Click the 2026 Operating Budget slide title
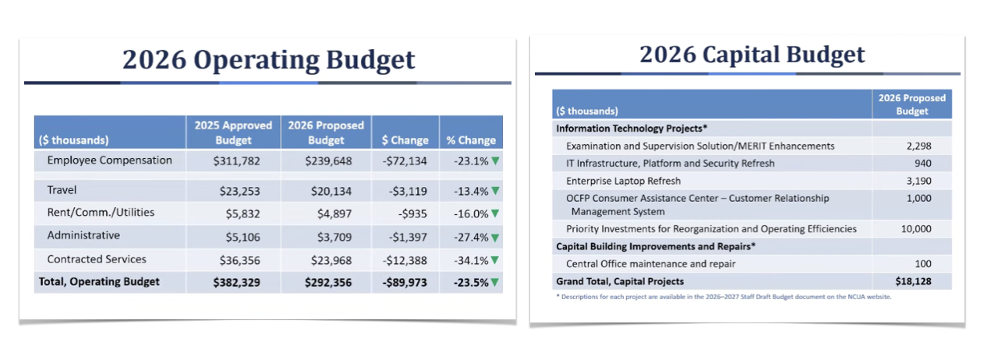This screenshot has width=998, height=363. pyautogui.click(x=268, y=60)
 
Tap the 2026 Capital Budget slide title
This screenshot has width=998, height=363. pyautogui.click(x=752, y=55)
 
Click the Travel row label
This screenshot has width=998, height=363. pyautogui.click(x=62, y=190)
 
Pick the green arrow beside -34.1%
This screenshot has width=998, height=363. pyautogui.click(x=495, y=259)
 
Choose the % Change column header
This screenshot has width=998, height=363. pyautogui.click(x=471, y=140)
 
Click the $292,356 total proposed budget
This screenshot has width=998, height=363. pyautogui.click(x=326, y=282)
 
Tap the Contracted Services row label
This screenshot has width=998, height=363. pyautogui.click(x=97, y=259)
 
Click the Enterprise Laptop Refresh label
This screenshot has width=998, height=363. pyautogui.click(x=624, y=181)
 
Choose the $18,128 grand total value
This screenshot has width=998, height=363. pyautogui.click(x=913, y=281)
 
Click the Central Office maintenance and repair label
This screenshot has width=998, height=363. pyautogui.click(x=650, y=264)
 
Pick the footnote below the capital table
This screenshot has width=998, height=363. pyautogui.click(x=724, y=297)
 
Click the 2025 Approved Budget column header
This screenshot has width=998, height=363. pyautogui.click(x=233, y=132)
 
